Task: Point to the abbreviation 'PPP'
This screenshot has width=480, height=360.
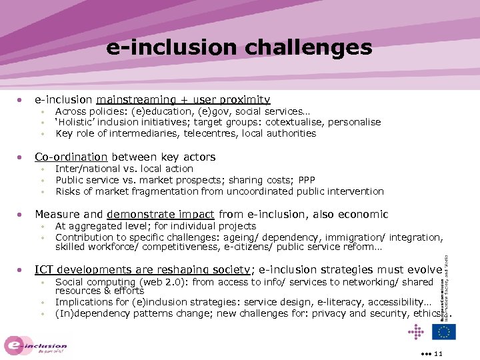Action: coord(307,180)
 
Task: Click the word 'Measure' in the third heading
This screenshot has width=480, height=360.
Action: coord(57,214)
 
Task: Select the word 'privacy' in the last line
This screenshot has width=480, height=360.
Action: coord(328,313)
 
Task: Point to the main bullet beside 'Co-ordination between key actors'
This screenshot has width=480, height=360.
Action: coord(21,157)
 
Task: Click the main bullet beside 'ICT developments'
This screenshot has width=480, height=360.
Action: coord(21,270)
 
